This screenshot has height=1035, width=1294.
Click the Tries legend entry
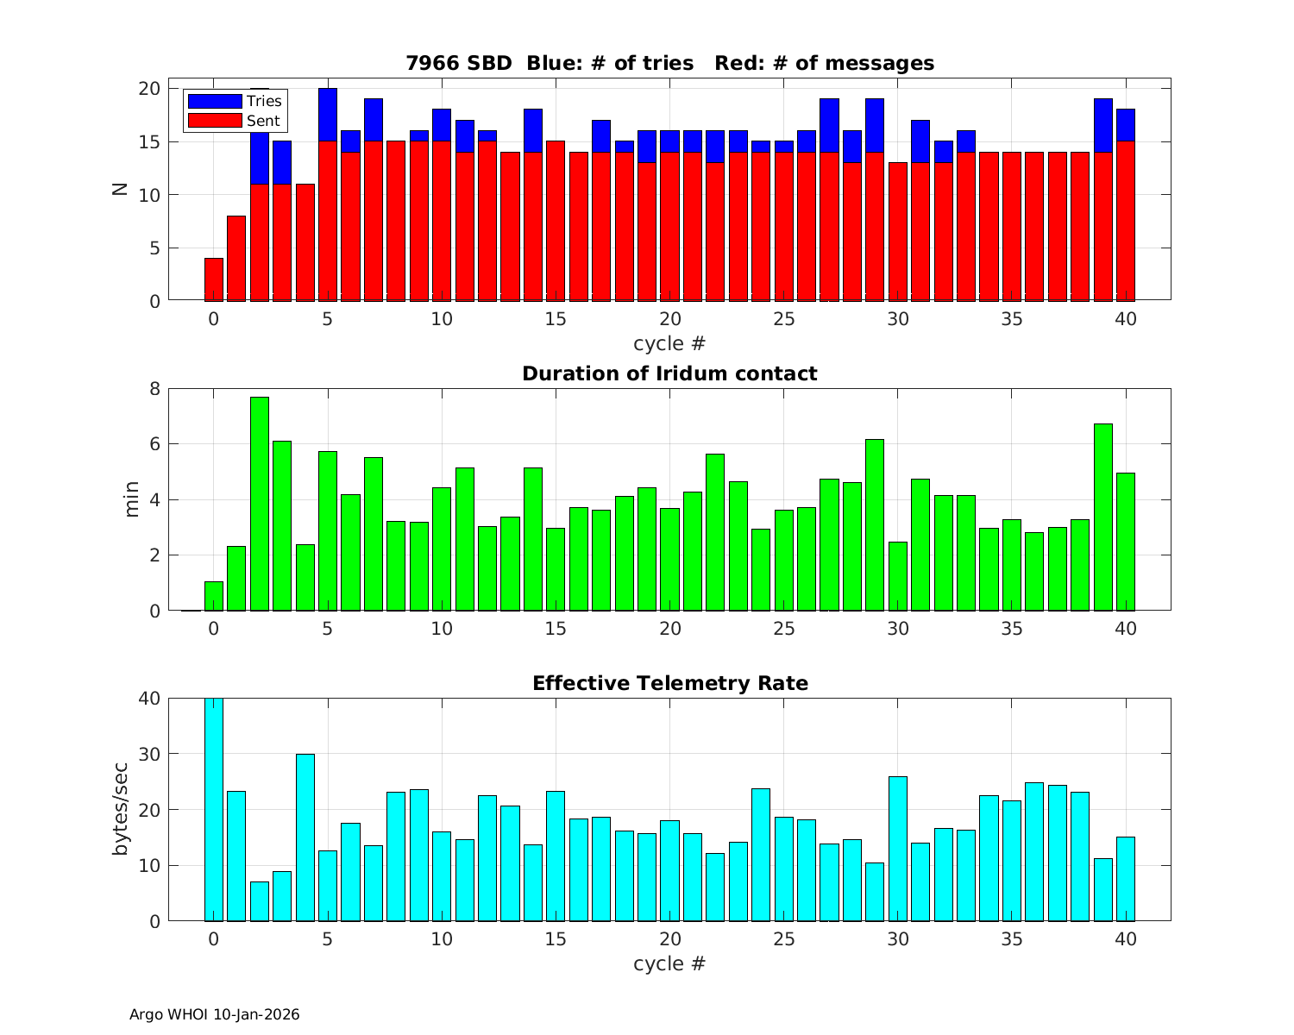234,101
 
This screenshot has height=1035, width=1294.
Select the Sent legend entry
234,121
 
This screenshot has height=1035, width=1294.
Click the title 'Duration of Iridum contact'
669,373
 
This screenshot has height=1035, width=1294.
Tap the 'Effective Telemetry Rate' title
669,683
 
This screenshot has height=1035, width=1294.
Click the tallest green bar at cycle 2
260,505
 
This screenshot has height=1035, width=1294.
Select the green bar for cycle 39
1103,517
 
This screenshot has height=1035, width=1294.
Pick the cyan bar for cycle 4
305,837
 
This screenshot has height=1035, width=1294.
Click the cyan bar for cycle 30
898,849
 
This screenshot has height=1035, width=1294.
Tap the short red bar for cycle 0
214,279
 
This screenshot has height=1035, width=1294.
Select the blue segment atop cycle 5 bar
328,115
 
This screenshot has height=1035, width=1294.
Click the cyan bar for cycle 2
260,901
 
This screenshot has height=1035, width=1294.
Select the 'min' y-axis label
131,499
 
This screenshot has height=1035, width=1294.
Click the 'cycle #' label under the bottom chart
669,963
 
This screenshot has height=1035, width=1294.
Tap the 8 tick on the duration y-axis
154,388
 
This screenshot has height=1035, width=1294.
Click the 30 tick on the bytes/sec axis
149,754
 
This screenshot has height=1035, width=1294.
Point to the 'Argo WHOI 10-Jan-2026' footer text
214,1014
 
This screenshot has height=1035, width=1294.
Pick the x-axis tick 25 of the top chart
784,319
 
